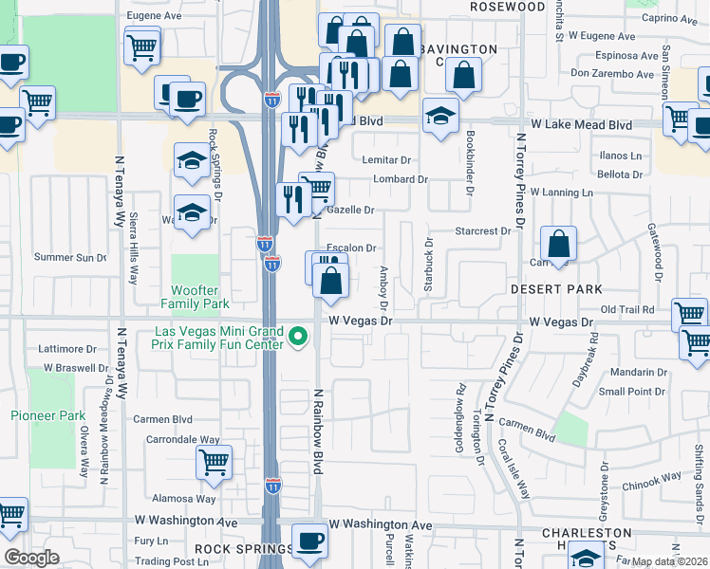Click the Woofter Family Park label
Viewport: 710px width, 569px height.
[200, 297]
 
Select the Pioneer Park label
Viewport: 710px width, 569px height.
[47, 415]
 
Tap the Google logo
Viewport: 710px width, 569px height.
[31, 558]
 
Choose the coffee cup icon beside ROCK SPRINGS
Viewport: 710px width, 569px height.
[308, 541]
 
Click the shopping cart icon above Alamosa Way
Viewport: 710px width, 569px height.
[215, 463]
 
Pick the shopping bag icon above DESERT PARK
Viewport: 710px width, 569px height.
[560, 245]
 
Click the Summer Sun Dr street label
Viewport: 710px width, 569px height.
[71, 257]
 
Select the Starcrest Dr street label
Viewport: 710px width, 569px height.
[483, 230]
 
